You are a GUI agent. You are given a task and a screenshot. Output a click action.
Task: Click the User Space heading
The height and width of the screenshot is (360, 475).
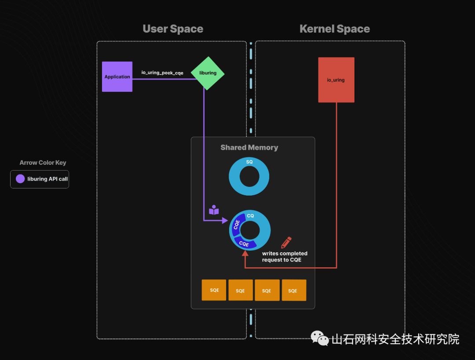pos(173,29)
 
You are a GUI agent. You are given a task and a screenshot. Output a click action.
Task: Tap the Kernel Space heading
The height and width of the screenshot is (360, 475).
pos(334,29)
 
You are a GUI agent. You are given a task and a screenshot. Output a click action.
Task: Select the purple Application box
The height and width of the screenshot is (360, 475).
pos(117,76)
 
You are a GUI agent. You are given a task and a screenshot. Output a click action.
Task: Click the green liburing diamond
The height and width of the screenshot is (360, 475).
pos(208,73)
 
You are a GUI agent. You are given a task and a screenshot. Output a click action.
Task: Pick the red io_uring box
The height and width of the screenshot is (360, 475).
pos(336,80)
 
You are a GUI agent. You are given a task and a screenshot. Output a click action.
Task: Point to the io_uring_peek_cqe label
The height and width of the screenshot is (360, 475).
pos(162,73)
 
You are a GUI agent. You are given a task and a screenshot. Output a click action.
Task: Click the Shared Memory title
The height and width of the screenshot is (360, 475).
pos(249,148)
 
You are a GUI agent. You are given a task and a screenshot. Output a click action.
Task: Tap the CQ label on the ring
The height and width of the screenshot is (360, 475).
pos(250,216)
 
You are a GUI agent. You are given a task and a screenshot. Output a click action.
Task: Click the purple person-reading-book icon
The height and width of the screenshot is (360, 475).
pos(214,210)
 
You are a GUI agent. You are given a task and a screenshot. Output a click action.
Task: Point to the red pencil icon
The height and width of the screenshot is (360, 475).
pos(286,242)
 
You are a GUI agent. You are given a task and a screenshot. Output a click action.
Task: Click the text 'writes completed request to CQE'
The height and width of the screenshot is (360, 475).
pos(285,256)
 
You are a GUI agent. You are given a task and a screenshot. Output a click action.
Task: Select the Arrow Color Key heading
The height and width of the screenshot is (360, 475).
pos(43,163)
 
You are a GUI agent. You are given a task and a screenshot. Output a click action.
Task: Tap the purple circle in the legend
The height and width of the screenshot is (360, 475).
pos(20,179)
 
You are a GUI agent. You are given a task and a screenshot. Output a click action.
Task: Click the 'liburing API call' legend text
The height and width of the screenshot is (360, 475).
pos(47,179)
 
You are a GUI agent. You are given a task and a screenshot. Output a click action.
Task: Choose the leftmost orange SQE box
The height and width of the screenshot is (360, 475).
pos(214,290)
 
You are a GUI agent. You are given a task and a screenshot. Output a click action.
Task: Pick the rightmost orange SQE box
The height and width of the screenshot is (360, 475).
pos(293,290)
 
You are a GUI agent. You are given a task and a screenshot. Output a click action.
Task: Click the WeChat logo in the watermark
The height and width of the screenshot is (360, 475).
pos(320,338)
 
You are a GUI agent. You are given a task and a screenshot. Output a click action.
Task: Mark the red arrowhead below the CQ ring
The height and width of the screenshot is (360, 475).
pos(245,253)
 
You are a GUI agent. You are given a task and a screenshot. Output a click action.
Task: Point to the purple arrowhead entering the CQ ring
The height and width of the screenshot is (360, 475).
pos(225,220)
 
